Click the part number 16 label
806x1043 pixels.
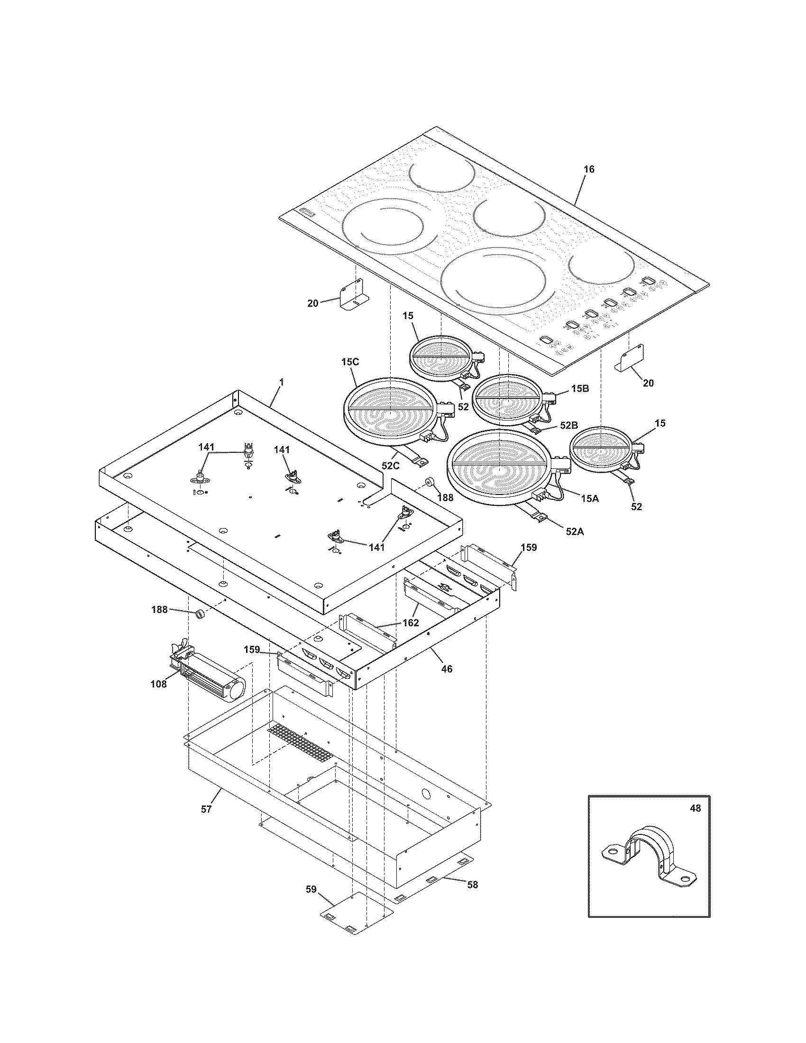click(589, 170)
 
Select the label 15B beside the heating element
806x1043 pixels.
click(579, 388)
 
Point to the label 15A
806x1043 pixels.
click(590, 498)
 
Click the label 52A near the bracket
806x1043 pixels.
click(575, 531)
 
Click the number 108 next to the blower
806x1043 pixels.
click(158, 684)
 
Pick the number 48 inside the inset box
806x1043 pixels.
click(695, 808)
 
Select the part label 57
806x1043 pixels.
click(206, 809)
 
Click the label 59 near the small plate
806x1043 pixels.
click(311, 889)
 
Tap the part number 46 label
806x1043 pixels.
click(447, 669)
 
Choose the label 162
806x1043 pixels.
click(411, 623)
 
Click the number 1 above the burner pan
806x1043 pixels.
click(281, 382)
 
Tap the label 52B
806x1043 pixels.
click(568, 425)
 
